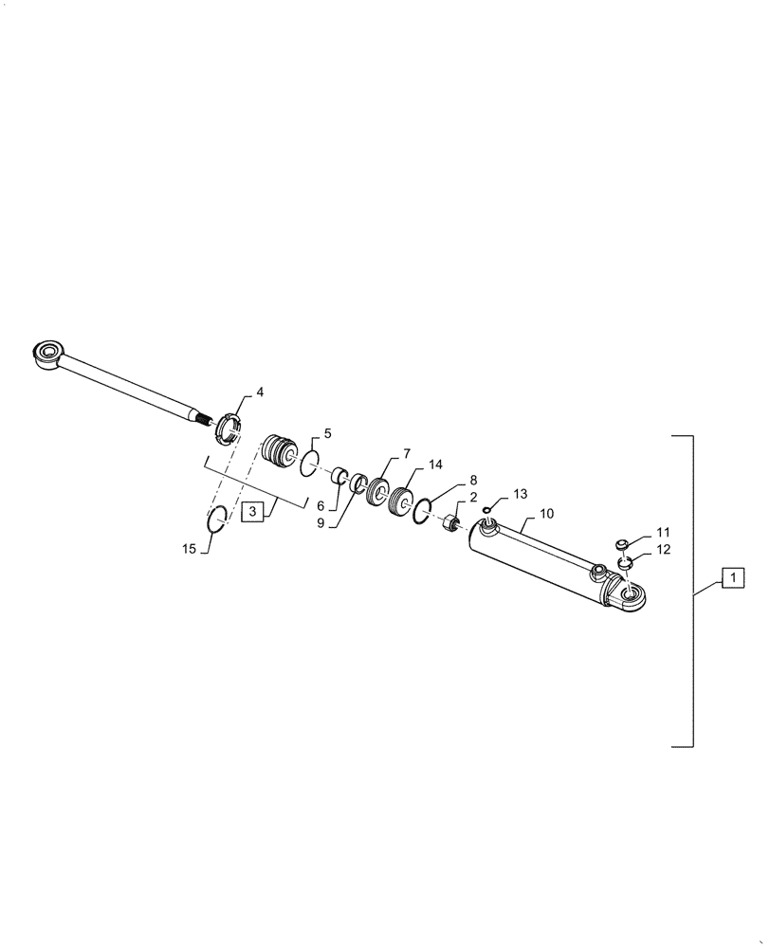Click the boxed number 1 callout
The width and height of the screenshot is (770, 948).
pyautogui.click(x=734, y=576)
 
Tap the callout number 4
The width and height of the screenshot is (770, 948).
pyautogui.click(x=260, y=392)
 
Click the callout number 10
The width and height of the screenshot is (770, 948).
pyautogui.click(x=546, y=513)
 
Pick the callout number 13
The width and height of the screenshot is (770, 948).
pyautogui.click(x=519, y=494)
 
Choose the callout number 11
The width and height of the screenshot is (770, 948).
pyautogui.click(x=662, y=532)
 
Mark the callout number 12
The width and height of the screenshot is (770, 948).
pyautogui.click(x=662, y=550)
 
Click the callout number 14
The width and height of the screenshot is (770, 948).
pyautogui.click(x=435, y=465)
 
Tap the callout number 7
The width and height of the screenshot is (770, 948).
pyautogui.click(x=406, y=453)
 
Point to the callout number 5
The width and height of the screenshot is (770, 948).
pyautogui.click(x=327, y=433)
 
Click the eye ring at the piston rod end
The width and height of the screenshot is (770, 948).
pyautogui.click(x=46, y=355)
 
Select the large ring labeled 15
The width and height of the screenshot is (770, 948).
pyautogui.click(x=217, y=520)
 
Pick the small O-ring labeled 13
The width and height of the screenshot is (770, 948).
pyautogui.click(x=486, y=511)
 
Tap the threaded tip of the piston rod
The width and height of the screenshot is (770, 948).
pyautogui.click(x=200, y=417)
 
